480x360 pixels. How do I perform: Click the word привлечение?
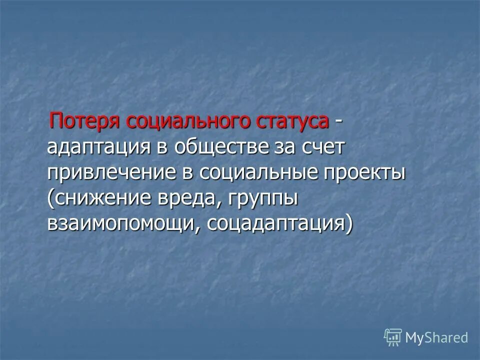tap(111, 173)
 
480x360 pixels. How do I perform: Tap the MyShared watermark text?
tap(436, 337)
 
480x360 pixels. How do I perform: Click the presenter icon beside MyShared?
tap(393, 337)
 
